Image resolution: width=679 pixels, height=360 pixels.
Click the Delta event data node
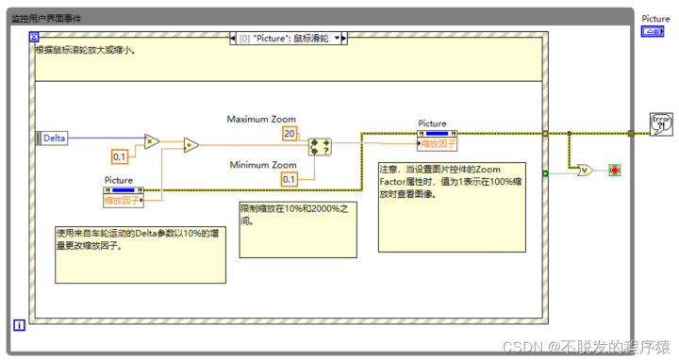(53, 138)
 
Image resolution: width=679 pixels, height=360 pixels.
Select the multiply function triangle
(151, 142)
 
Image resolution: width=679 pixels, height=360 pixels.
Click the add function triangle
(190, 145)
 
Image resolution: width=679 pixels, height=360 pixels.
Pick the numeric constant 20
(290, 134)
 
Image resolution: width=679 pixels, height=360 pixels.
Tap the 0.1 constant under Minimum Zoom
(289, 179)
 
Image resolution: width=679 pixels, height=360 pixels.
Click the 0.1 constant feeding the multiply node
(120, 156)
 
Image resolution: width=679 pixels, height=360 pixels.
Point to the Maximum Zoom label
(261, 120)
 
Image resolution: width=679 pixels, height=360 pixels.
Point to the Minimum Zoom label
(263, 165)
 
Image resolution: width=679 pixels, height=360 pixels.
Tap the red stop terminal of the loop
(615, 171)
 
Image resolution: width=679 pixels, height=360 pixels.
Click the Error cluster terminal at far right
(661, 123)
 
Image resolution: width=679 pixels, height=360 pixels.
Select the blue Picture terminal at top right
(654, 31)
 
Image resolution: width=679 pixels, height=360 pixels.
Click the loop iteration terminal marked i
(19, 325)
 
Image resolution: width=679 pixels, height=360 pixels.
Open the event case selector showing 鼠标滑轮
(289, 39)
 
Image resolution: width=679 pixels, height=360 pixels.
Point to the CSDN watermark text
(585, 347)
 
